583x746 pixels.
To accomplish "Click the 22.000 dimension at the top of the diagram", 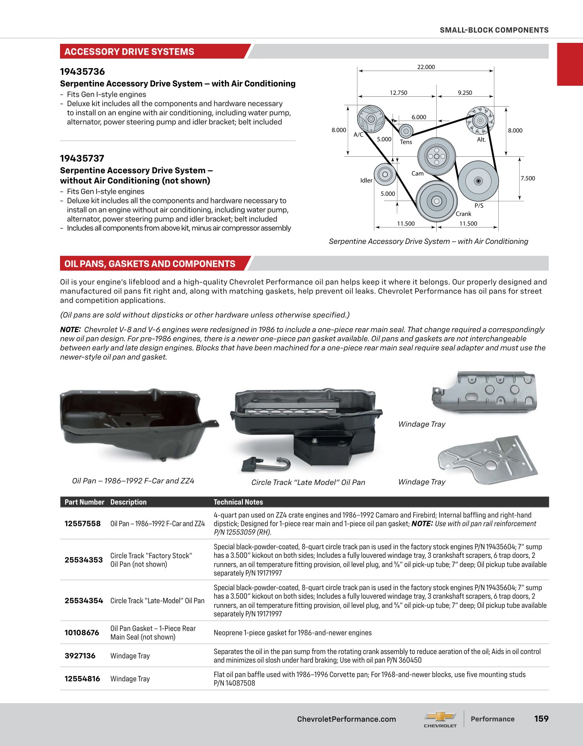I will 426,67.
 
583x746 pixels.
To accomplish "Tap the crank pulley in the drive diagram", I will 436,201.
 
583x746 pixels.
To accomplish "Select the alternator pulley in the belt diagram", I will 480,119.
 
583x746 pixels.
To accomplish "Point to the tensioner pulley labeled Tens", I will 405,131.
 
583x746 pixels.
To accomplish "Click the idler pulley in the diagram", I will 384,174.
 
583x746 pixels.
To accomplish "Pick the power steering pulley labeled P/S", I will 478,181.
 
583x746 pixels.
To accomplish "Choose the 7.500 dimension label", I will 527,179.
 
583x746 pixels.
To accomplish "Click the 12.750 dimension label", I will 398,93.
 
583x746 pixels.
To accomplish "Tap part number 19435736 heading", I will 82,72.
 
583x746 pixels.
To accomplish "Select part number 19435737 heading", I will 82,159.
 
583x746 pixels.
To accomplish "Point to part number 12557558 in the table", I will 82,524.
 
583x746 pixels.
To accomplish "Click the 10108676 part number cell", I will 82,633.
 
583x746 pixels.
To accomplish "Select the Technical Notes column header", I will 238,502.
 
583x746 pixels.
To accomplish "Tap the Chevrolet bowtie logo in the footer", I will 440,716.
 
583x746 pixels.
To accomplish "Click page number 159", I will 541,719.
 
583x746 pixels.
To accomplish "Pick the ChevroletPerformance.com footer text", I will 346,719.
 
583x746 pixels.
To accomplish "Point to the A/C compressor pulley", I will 371,119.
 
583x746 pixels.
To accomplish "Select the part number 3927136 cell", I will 80,656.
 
